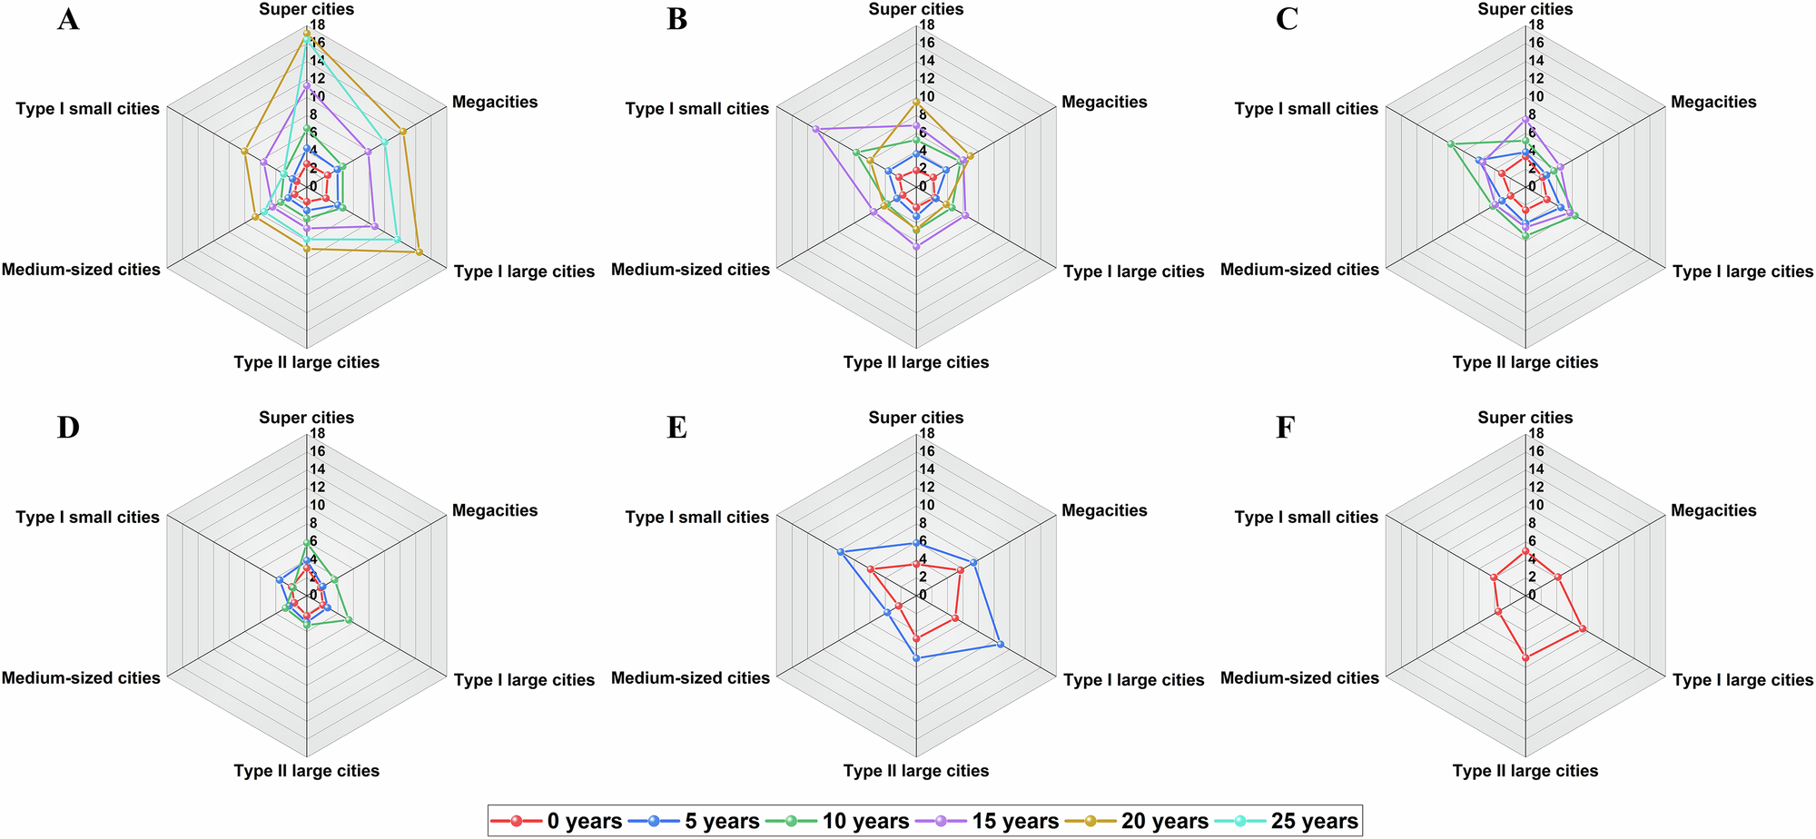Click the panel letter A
(68, 19)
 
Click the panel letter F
(1285, 428)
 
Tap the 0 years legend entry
(556, 821)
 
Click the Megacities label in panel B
(1104, 102)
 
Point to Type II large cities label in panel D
(306, 770)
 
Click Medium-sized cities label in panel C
(1299, 269)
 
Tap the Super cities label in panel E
(915, 418)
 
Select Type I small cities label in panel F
(1306, 517)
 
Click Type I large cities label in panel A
(524, 271)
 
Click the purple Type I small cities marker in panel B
(815, 129)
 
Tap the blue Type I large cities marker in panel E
(1000, 644)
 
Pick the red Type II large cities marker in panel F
(1525, 657)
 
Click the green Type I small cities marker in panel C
(1451, 143)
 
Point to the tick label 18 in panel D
(318, 434)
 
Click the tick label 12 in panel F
(1536, 488)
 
